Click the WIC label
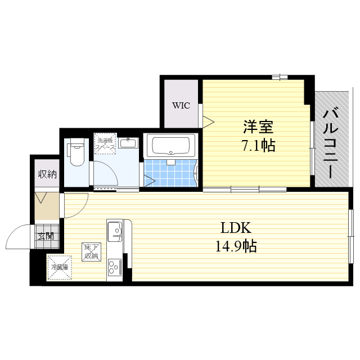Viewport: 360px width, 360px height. pyautogui.click(x=181, y=105)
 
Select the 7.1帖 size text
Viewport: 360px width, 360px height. pyautogui.click(x=258, y=146)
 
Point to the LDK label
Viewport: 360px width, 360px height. pyautogui.click(x=235, y=228)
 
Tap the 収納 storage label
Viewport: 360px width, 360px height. pyautogui.click(x=47, y=174)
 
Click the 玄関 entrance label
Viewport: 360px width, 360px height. pyautogui.click(x=46, y=236)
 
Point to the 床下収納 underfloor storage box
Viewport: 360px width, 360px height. pyautogui.click(x=91, y=251)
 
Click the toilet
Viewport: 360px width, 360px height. pyautogui.click(x=76, y=153)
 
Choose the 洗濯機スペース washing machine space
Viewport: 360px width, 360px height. pyautogui.click(x=105, y=144)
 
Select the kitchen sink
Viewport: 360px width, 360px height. pyautogui.click(x=115, y=231)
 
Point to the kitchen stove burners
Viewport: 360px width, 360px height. pyautogui.click(x=115, y=267)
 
